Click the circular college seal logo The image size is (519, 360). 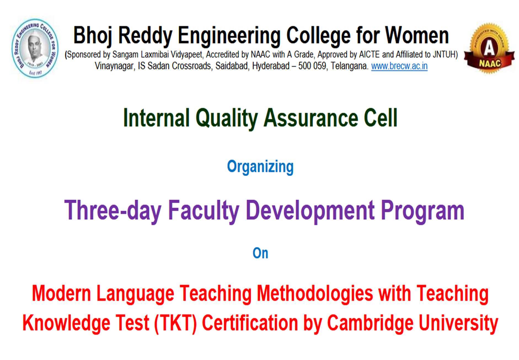35,47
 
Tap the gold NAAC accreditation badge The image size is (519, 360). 489,48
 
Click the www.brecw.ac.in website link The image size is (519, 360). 399,66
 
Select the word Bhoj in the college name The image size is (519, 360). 93,35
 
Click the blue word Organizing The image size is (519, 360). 260,167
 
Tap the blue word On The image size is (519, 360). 260,253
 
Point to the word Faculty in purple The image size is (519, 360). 204,210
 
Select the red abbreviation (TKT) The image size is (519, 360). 175,323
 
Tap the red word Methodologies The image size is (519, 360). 315,293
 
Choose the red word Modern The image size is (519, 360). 61,293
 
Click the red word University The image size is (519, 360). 458,323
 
